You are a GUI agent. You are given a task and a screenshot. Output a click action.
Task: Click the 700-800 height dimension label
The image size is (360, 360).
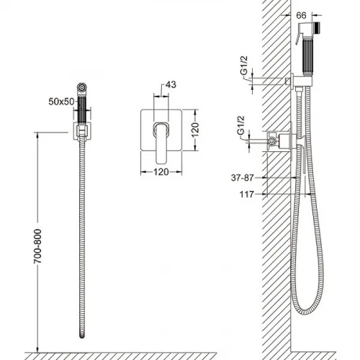(37, 246)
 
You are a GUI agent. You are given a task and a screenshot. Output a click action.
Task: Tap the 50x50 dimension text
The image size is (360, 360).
(61, 102)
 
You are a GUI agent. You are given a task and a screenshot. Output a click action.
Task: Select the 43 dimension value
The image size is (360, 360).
(171, 85)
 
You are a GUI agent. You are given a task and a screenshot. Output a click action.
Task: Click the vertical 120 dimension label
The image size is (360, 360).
(195, 130)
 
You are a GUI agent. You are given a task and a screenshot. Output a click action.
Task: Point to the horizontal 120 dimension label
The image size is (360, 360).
(161, 172)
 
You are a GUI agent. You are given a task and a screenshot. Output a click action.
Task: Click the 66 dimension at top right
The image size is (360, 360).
(301, 15)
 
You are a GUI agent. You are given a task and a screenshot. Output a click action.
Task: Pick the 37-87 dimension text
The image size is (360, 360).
(242, 178)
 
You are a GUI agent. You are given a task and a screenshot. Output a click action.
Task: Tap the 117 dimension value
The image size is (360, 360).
(247, 194)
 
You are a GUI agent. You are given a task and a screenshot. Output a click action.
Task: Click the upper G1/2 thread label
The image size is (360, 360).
(244, 68)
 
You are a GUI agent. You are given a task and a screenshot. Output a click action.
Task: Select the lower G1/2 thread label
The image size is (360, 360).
(240, 128)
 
